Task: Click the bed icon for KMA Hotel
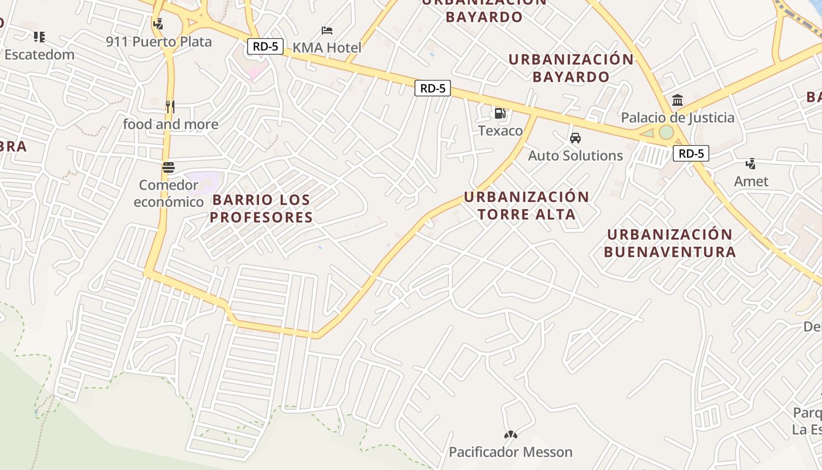pyautogui.click(x=327, y=30)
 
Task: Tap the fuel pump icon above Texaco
pyautogui.click(x=500, y=113)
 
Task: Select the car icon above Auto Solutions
pyautogui.click(x=575, y=138)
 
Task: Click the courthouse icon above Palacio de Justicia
pyautogui.click(x=678, y=100)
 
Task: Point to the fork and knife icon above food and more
pyautogui.click(x=170, y=106)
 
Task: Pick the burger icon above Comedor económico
pyautogui.click(x=169, y=167)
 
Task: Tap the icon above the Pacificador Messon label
pyautogui.click(x=510, y=435)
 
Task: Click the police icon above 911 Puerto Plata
pyautogui.click(x=157, y=24)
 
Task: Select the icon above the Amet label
pyautogui.click(x=750, y=163)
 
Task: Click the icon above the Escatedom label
pyautogui.click(x=39, y=37)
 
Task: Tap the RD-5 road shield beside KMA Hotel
pyautogui.click(x=265, y=46)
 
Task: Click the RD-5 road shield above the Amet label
pyautogui.click(x=690, y=154)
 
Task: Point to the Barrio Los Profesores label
pyautogui.click(x=261, y=209)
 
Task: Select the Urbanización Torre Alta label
pyautogui.click(x=527, y=206)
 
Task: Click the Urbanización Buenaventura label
pyautogui.click(x=669, y=243)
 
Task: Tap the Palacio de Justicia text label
pyautogui.click(x=678, y=117)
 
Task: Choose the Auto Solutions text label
pyautogui.click(x=575, y=156)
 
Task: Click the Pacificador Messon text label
pyautogui.click(x=510, y=452)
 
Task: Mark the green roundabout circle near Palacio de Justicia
pyautogui.click(x=666, y=132)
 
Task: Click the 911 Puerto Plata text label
pyautogui.click(x=159, y=42)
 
